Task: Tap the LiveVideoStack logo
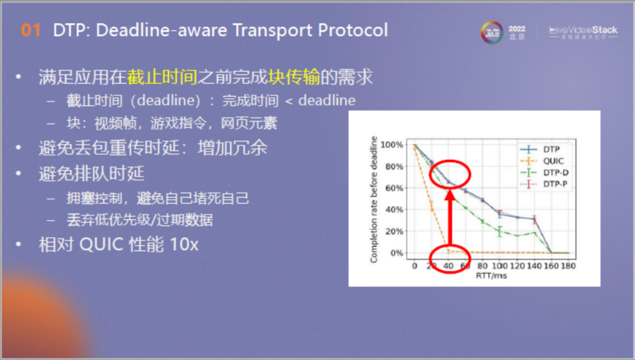pos(583,32)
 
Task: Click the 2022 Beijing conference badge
pos(503,32)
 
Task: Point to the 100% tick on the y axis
pos(391,145)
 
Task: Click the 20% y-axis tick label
pos(393,232)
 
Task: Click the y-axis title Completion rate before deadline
pos(373,199)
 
